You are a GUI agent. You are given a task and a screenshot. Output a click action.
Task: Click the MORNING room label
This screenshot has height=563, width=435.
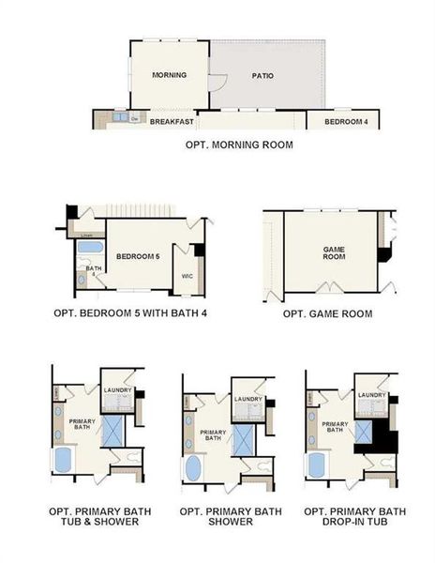click(169, 75)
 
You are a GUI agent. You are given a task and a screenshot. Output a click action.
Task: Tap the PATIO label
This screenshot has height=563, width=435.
click(262, 76)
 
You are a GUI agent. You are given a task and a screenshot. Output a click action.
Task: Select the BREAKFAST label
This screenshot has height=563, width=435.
click(172, 122)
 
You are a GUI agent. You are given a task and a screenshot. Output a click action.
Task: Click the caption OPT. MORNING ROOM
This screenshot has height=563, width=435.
click(238, 145)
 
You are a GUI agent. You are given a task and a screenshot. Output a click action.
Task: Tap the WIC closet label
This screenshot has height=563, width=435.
click(187, 276)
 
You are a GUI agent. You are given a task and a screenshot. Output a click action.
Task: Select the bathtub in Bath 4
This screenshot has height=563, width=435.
click(89, 249)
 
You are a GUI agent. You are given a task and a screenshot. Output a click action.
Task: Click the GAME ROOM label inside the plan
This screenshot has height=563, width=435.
click(335, 251)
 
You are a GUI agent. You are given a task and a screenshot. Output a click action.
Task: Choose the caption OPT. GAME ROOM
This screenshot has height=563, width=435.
click(328, 313)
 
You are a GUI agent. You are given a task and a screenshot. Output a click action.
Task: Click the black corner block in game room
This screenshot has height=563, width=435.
click(383, 254)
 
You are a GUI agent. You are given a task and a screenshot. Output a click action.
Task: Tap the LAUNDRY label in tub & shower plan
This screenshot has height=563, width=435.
click(117, 391)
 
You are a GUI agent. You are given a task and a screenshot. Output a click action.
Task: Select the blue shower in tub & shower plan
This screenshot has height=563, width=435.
click(112, 431)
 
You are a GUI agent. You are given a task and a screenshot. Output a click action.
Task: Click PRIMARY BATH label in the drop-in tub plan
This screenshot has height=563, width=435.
click(335, 427)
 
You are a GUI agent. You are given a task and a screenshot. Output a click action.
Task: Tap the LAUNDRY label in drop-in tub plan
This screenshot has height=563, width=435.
click(371, 395)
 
